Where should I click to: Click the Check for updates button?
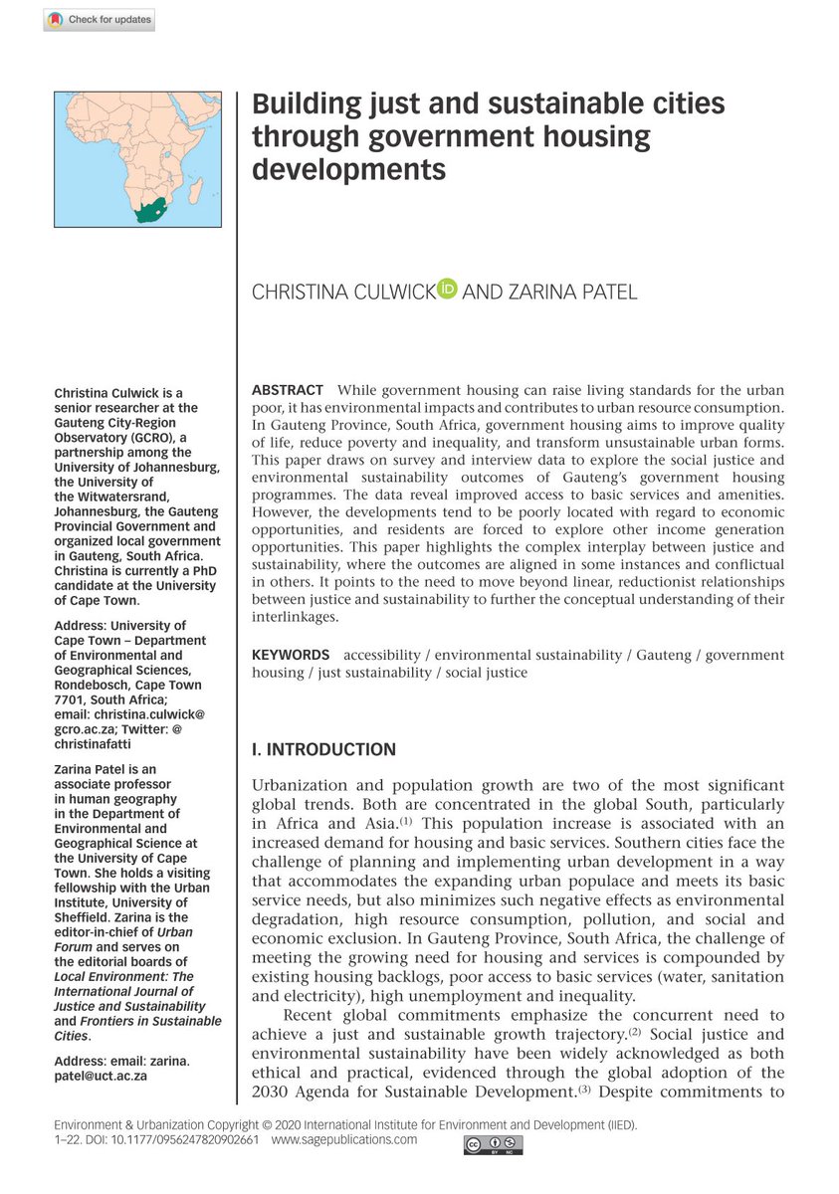99,20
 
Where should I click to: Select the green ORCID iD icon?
447,290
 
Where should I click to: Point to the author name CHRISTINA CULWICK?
342,292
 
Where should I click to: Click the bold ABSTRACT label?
287,389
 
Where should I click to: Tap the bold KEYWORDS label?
290,655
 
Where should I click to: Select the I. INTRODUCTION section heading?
323,750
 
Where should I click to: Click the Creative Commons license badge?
493,1146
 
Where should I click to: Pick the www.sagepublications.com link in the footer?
344,1140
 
